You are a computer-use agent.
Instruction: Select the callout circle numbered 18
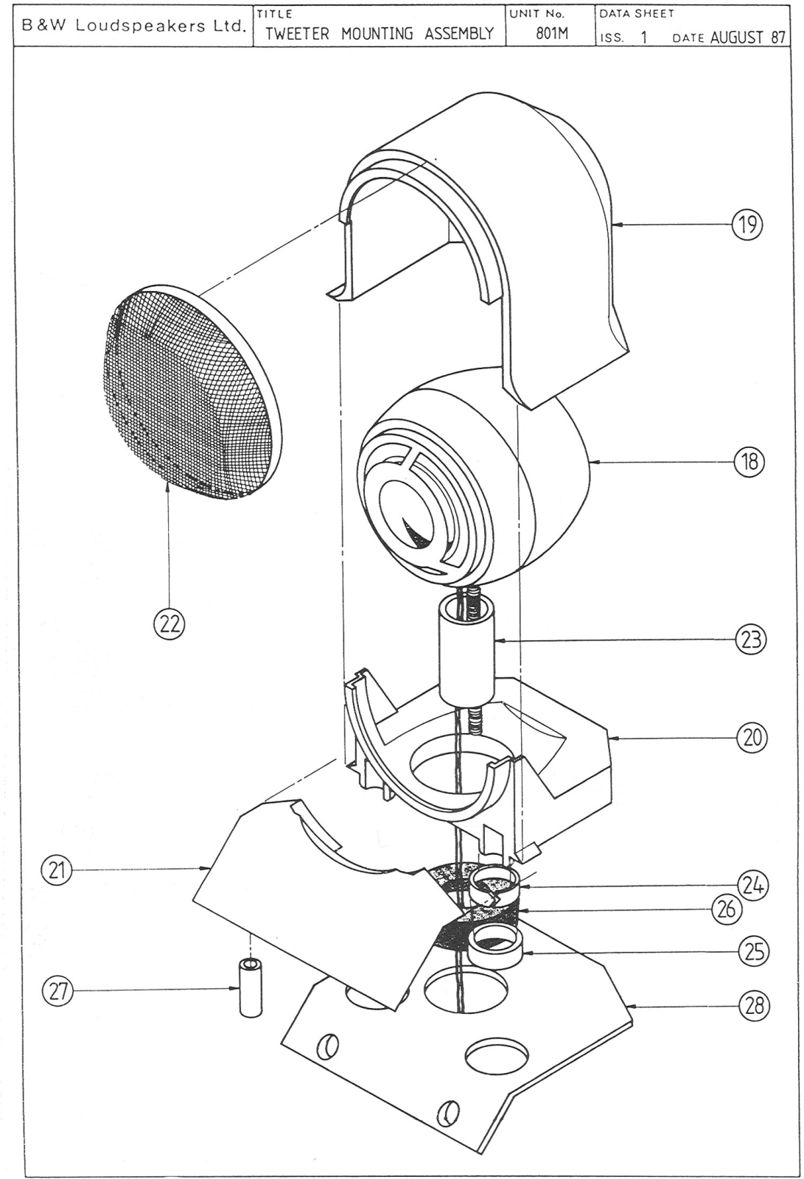click(749, 461)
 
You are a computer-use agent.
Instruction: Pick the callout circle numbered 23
click(752, 640)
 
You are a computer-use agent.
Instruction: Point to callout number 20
click(752, 738)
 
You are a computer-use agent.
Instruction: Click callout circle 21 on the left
click(57, 870)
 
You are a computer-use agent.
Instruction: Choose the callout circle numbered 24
click(753, 885)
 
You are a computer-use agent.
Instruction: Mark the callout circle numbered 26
click(727, 909)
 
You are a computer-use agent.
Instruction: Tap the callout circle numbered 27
click(57, 992)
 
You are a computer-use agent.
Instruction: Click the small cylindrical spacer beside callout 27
click(250, 988)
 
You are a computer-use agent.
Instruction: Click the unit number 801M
click(552, 34)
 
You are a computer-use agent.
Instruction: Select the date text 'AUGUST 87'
click(748, 37)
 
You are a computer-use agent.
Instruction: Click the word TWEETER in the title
click(297, 34)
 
